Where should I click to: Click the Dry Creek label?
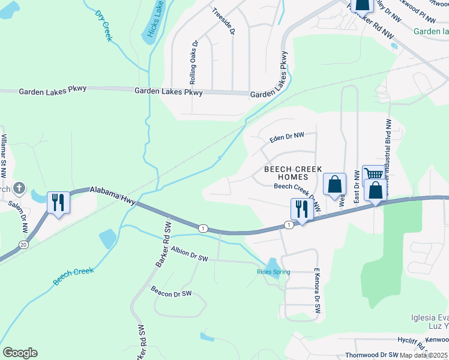pos(104,25)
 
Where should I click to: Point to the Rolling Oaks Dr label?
pos(193,62)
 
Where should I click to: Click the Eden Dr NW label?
pos(287,138)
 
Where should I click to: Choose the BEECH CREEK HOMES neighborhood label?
pos(293,173)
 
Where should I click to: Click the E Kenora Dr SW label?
pos(315,292)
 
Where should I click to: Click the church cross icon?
pos(19,188)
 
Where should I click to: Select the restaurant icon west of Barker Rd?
pos(58,202)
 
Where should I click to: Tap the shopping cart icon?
pos(373,175)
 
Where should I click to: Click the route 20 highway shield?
pos(23,245)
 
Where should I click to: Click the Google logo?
pos(20,353)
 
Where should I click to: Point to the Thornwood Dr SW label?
pos(372,355)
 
